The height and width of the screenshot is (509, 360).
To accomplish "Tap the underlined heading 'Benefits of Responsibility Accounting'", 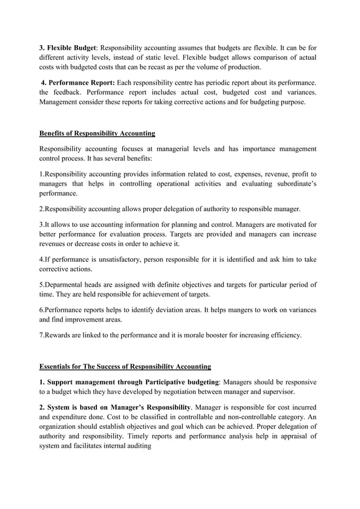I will [x=97, y=134].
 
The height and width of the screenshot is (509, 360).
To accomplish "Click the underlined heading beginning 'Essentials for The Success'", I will [x=125, y=367].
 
